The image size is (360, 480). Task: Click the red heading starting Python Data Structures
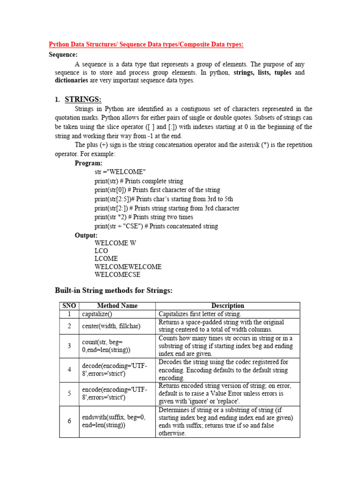(x=146, y=45)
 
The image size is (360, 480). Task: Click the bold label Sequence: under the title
(x=63, y=54)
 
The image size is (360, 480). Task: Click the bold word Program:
(x=89, y=163)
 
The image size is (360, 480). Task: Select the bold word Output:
(x=86, y=235)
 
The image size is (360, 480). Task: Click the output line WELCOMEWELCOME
(x=128, y=267)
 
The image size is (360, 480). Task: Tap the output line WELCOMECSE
(x=117, y=275)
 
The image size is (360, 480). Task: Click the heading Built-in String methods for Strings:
(x=114, y=291)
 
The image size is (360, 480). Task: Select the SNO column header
(x=69, y=306)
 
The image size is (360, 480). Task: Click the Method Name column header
(x=117, y=306)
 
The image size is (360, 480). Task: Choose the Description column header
(x=227, y=306)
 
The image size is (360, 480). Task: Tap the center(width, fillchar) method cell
(x=111, y=326)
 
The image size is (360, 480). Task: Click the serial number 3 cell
(x=69, y=346)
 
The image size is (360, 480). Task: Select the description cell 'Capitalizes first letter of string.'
(x=200, y=314)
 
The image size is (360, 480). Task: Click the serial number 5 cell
(x=69, y=394)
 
